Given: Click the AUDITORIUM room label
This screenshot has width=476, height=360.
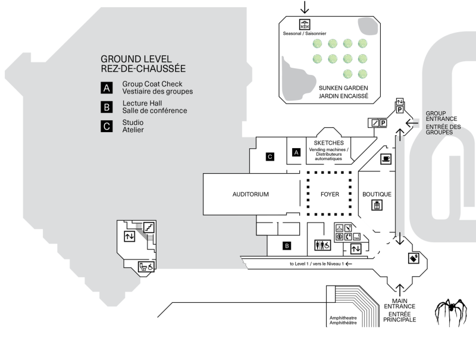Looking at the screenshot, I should point(251,194).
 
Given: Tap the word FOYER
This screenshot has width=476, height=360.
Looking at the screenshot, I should point(330,194).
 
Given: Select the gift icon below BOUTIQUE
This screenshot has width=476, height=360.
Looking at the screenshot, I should point(377,205).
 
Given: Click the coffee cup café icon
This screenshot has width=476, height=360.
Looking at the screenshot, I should point(386,159).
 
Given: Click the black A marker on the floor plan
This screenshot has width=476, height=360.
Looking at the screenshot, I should point(296,152).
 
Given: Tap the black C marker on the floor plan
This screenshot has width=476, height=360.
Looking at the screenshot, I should point(270,157).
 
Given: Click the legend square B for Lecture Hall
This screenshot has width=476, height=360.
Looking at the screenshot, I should point(107,107).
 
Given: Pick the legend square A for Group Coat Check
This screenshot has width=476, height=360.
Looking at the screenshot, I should point(107,88).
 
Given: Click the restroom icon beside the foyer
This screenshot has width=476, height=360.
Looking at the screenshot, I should point(322,245).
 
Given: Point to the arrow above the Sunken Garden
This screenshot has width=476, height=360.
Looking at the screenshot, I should point(305,7).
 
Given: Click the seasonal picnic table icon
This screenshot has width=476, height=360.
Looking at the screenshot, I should point(305,25).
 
